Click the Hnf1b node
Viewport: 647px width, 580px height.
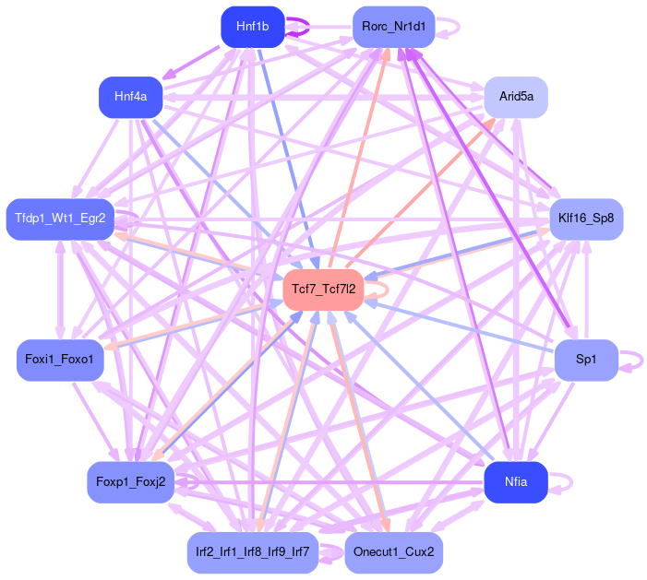252,27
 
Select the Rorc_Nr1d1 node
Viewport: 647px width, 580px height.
394,27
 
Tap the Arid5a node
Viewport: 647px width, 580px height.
516,97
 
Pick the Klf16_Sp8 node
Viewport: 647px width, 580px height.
586,219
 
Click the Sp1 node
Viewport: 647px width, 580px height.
586,359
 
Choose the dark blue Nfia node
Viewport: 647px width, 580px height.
516,481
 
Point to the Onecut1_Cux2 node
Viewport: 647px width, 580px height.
394,552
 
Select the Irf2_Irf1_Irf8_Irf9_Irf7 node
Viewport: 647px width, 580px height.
252,552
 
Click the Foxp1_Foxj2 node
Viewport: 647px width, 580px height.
131,481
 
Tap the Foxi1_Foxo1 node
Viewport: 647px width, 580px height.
60,359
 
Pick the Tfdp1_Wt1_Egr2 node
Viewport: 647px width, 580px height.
60,219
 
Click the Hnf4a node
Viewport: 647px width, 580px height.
131,97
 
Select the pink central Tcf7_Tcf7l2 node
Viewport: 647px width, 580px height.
323,290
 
